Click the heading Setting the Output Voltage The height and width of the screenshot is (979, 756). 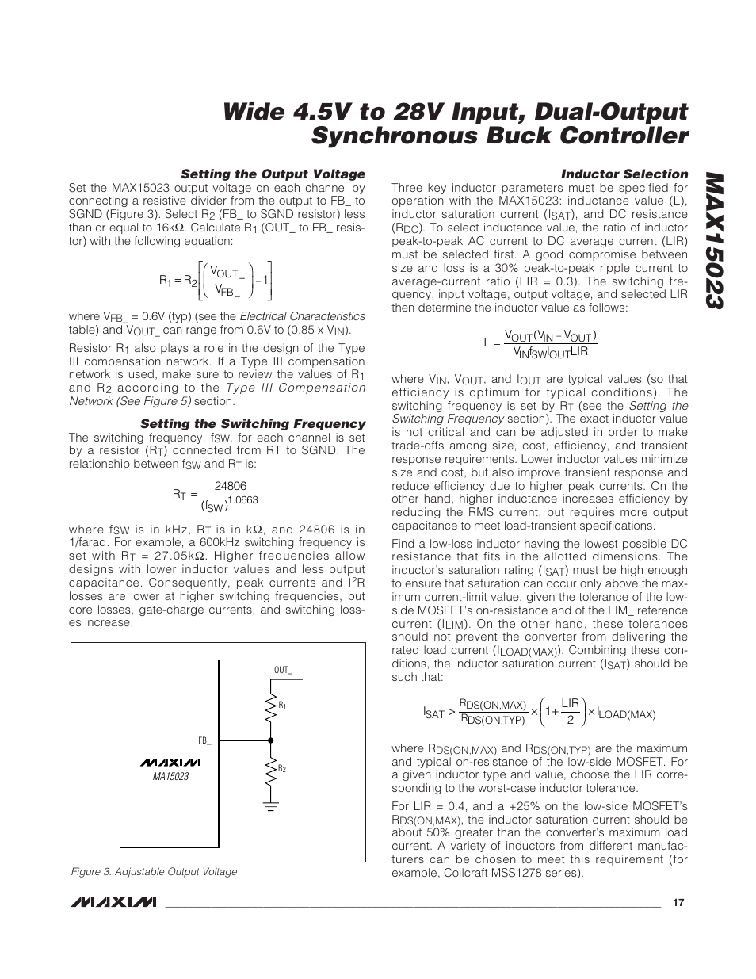(x=273, y=174)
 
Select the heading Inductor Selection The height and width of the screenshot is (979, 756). (x=624, y=174)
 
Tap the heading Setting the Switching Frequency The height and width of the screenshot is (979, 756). (x=253, y=424)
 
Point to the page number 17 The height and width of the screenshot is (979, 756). (x=678, y=903)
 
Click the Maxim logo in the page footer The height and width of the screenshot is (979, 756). (x=113, y=903)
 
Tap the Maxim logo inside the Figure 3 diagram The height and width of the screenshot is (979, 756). (x=170, y=763)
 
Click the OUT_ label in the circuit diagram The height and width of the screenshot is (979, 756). (x=283, y=670)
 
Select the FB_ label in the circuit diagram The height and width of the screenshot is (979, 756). (x=204, y=740)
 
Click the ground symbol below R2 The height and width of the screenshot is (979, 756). (x=271, y=807)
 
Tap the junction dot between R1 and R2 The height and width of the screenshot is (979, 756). (x=271, y=741)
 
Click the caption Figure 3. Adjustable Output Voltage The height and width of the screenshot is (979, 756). (x=154, y=871)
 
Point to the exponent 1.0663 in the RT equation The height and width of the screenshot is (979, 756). (x=243, y=499)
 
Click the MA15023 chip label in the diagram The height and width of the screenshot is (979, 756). (x=170, y=777)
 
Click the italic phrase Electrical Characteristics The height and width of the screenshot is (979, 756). (x=302, y=316)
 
